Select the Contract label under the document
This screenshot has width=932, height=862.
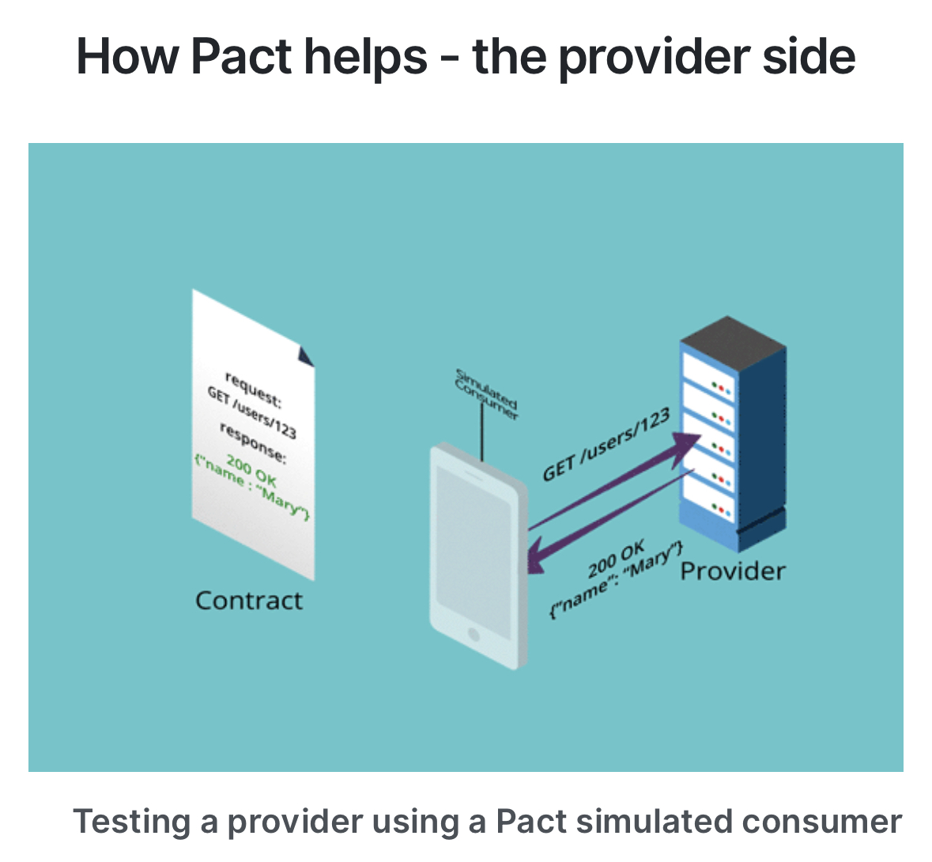click(248, 600)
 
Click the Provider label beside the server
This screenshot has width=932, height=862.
click(733, 571)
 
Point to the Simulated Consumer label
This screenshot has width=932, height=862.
click(486, 393)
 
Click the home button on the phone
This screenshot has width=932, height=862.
click(474, 634)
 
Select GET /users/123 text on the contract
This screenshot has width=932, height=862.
click(251, 412)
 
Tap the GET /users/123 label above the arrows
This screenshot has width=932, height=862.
click(606, 446)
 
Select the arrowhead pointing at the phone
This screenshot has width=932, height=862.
click(538, 556)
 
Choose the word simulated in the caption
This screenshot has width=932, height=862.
click(643, 822)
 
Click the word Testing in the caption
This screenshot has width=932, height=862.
click(132, 822)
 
